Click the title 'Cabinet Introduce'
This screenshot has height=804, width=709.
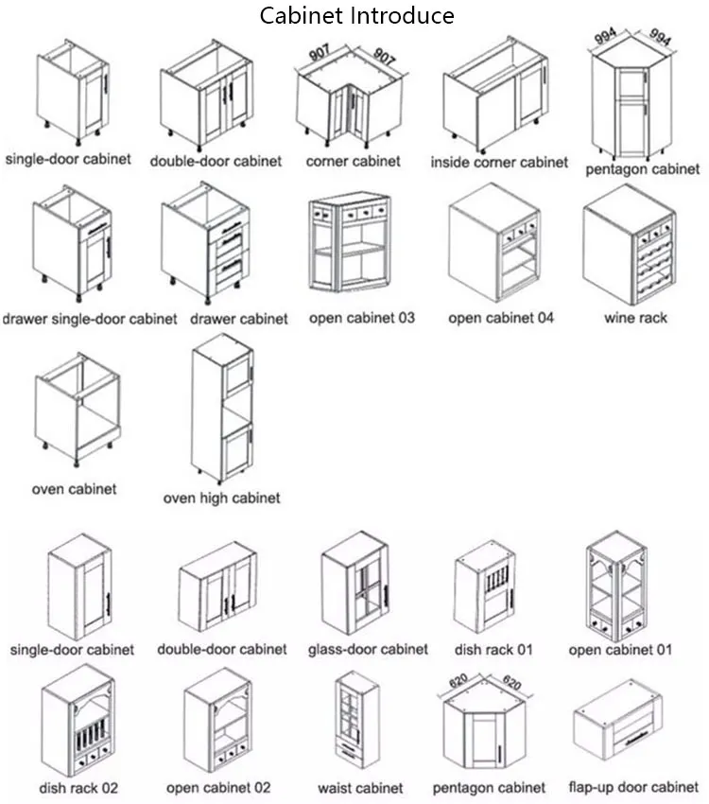[357, 16]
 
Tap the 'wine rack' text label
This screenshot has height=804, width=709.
[635, 318]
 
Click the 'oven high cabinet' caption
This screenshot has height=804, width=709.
[222, 498]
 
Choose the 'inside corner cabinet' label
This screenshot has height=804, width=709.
[499, 162]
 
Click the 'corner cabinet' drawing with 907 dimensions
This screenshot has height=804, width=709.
[353, 99]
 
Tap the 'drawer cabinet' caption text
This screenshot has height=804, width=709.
[239, 319]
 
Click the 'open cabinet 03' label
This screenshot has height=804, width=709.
[362, 318]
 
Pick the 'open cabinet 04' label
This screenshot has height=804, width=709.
[501, 318]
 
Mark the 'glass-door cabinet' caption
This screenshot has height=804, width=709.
[368, 650]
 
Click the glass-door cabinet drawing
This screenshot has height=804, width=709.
[356, 586]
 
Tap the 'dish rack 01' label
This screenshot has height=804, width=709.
[493, 650]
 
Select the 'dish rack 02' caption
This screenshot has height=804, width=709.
[78, 787]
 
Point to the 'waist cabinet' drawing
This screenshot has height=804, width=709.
[360, 725]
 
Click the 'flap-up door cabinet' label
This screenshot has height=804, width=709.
[633, 787]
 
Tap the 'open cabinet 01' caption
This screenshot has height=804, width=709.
[620, 650]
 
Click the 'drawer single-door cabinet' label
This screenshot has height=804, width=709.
[89, 319]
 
